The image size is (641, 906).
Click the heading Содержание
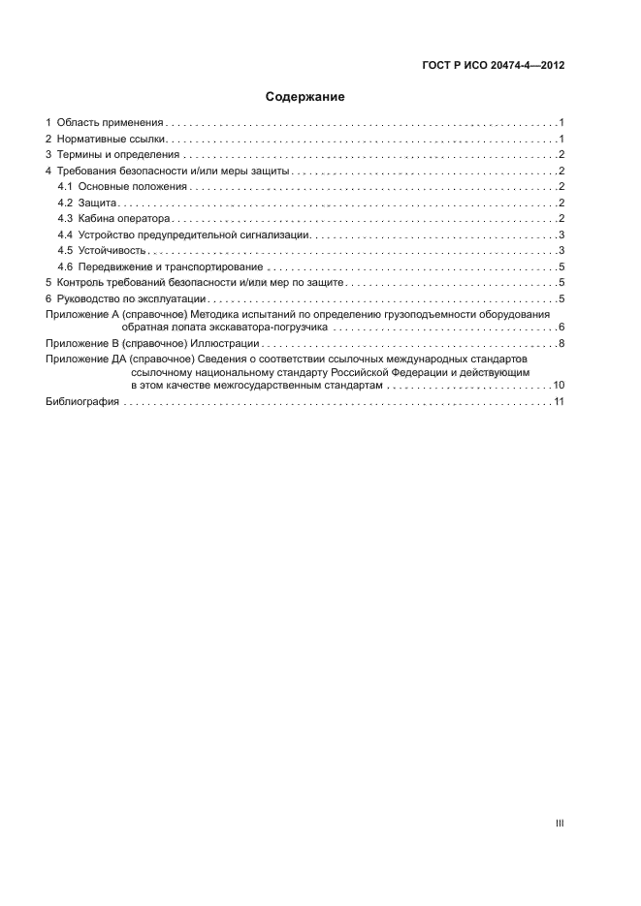pyautogui.click(x=305, y=97)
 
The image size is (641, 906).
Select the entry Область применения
pyautogui.click(x=110, y=123)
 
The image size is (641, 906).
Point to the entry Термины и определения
pyautogui.click(x=118, y=155)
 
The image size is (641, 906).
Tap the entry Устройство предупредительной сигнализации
pyautogui.click(x=194, y=235)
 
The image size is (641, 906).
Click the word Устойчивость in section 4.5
pyautogui.click(x=112, y=251)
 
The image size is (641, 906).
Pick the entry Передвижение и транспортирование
pyautogui.click(x=171, y=267)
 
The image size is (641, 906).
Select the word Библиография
pyautogui.click(x=82, y=402)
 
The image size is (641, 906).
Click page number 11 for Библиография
pyautogui.click(x=559, y=402)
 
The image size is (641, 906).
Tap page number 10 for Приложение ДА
pyautogui.click(x=559, y=386)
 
